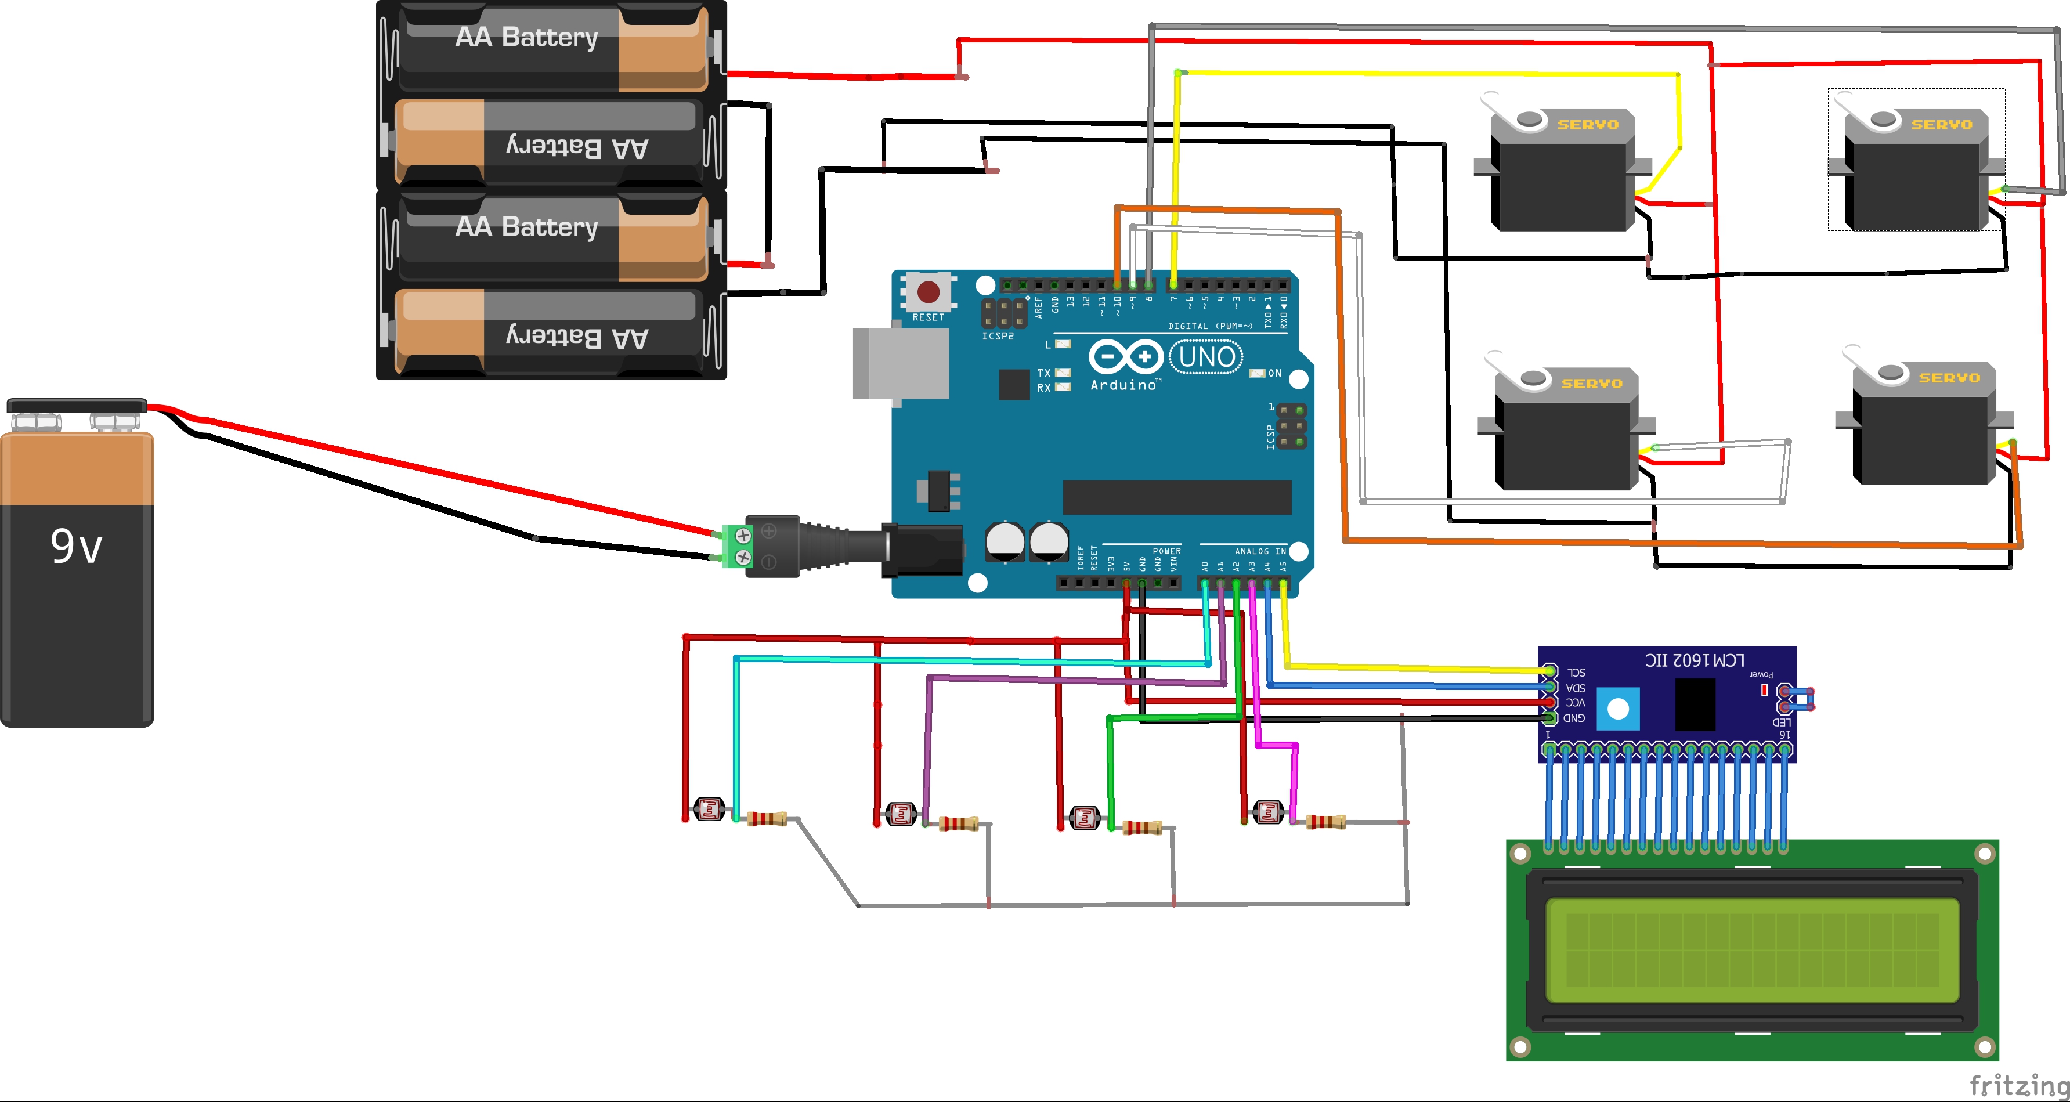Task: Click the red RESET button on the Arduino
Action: tap(928, 291)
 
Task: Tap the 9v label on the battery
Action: tap(77, 547)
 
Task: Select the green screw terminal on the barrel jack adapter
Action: tap(737, 545)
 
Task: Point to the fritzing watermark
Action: tap(2018, 1085)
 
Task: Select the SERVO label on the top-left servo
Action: tap(1588, 125)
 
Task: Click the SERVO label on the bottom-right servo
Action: tap(1949, 378)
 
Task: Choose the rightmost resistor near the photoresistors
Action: tap(1326, 822)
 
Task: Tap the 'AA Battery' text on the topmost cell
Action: tap(526, 37)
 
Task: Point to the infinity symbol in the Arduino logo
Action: tap(1126, 356)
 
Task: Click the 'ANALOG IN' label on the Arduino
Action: tap(1260, 551)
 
